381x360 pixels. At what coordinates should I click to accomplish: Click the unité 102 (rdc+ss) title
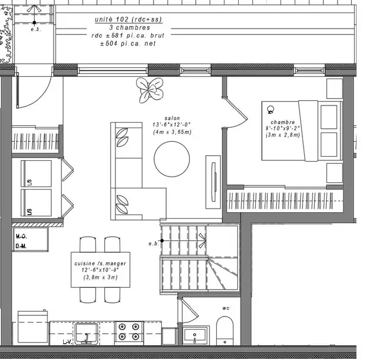pos(129,20)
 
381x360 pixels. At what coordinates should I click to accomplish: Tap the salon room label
pos(172,118)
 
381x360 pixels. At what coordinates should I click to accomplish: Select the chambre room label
pos(283,122)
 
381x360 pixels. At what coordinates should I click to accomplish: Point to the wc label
pos(226,308)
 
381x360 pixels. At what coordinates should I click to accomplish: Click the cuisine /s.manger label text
pos(101,263)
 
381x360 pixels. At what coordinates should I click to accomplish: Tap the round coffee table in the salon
pos(172,159)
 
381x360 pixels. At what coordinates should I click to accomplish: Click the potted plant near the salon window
pos(150,90)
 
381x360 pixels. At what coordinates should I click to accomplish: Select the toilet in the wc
pos(225,330)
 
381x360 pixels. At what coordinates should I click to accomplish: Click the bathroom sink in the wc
pos(195,336)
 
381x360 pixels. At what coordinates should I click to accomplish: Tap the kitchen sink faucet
pos(86,338)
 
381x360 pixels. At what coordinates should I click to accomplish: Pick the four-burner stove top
pos(129,332)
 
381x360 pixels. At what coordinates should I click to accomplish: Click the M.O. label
pos(21,236)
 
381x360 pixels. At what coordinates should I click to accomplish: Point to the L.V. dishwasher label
pos(67,342)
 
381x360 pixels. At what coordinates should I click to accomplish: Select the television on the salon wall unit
pos(213,182)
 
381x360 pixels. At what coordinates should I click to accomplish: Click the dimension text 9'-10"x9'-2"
pos(283,128)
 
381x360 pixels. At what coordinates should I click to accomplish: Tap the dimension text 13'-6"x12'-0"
pos(172,125)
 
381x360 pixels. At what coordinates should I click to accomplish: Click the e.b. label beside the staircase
pos(154,244)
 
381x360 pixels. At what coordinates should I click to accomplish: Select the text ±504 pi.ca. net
pos(128,44)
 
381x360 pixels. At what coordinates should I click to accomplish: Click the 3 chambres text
pos(130,27)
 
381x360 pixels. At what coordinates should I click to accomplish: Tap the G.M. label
pos(21,246)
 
